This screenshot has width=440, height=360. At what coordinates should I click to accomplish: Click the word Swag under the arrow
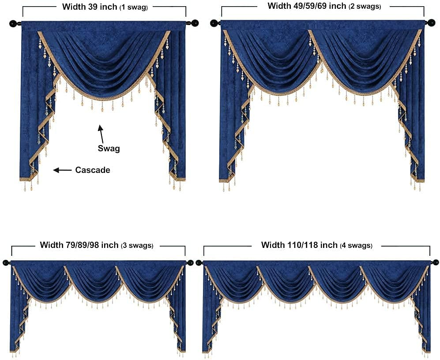(109, 149)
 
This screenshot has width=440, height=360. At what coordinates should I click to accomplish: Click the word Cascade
(93, 170)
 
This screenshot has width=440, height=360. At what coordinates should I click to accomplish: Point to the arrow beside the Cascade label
(62, 170)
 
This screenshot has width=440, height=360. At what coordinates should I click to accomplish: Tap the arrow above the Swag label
(102, 134)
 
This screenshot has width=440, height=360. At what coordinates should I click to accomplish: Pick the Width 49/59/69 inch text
(307, 6)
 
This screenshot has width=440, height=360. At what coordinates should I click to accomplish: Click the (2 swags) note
(365, 7)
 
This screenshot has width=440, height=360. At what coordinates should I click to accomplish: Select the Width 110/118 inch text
(299, 245)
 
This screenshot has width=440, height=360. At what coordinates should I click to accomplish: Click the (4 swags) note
(356, 246)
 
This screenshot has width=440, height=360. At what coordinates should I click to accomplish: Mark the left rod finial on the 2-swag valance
(214, 22)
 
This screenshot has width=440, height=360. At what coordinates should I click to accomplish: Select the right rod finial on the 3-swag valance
(190, 262)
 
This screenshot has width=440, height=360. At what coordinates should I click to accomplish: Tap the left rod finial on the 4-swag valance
(199, 262)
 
